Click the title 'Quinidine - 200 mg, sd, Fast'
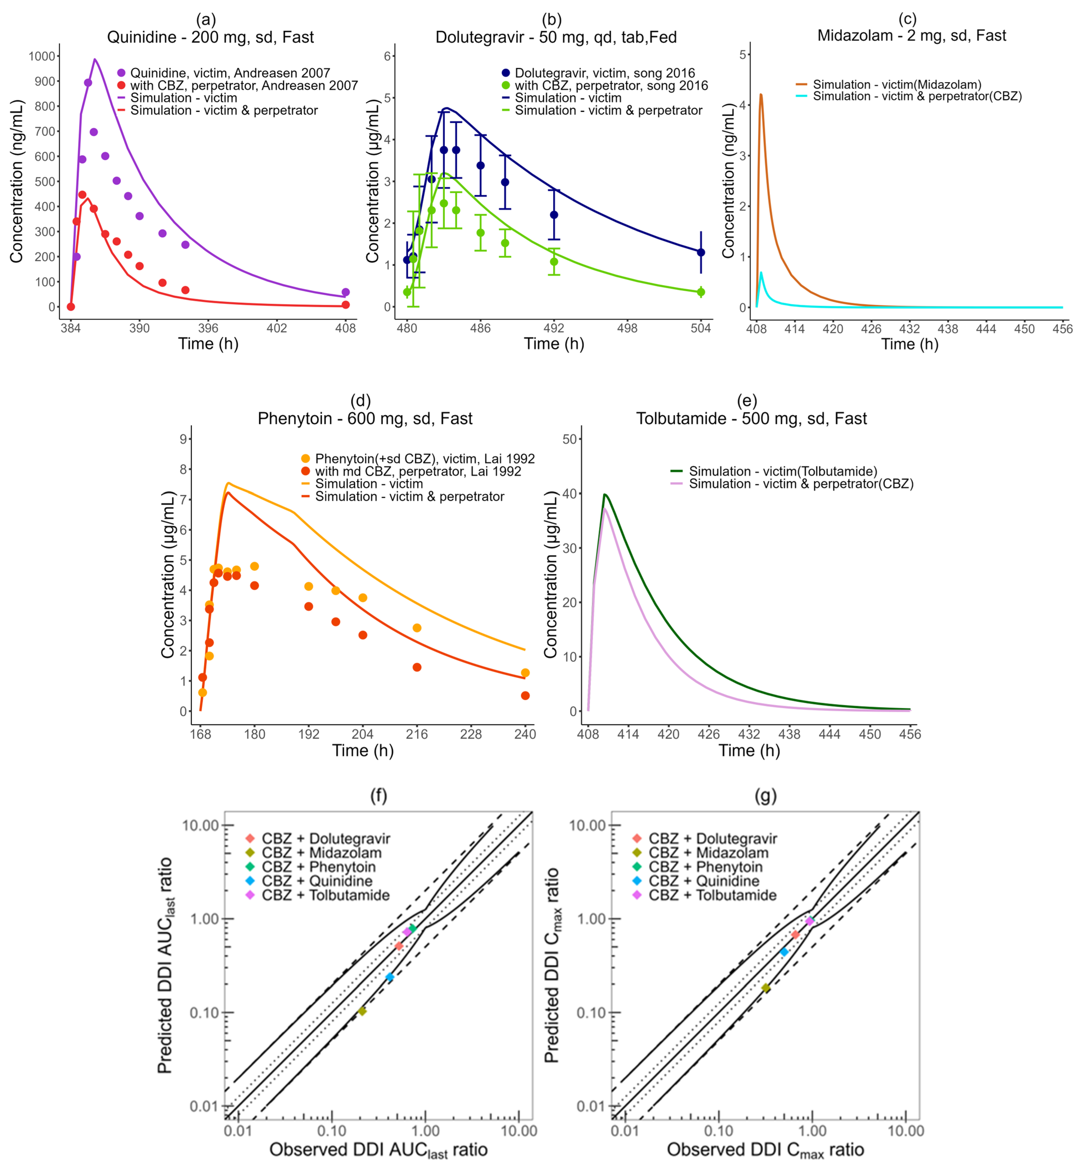point(210,38)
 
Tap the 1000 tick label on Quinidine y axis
point(42,56)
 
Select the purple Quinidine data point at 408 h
point(345,292)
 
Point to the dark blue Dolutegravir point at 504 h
point(701,253)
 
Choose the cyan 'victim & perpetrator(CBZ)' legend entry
point(916,96)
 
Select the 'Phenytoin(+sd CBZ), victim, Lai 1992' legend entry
point(424,459)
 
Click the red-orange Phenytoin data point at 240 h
point(525,696)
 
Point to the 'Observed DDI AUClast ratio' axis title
point(378,1150)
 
